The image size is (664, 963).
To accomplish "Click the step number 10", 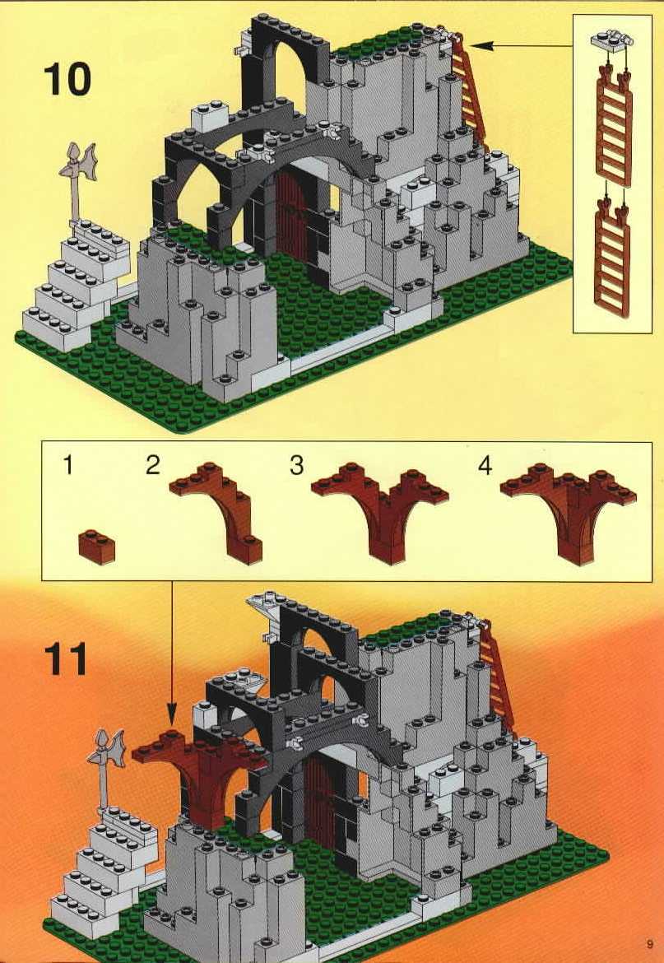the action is (67, 80).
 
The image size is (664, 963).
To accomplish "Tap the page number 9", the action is (649, 943).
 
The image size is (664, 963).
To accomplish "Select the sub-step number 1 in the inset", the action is (67, 465).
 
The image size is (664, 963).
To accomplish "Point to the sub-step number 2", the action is (153, 465).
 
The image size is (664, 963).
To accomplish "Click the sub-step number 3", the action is (296, 466).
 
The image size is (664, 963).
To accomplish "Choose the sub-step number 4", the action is (485, 466).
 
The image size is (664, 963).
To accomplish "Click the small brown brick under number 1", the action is (97, 547).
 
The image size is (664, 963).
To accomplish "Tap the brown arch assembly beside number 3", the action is (380, 513).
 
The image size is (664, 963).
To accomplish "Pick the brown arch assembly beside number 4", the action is (569, 513).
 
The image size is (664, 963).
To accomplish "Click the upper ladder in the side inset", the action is (614, 129).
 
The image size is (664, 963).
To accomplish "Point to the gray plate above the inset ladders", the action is (612, 40).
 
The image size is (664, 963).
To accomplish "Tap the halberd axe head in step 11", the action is (108, 748).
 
